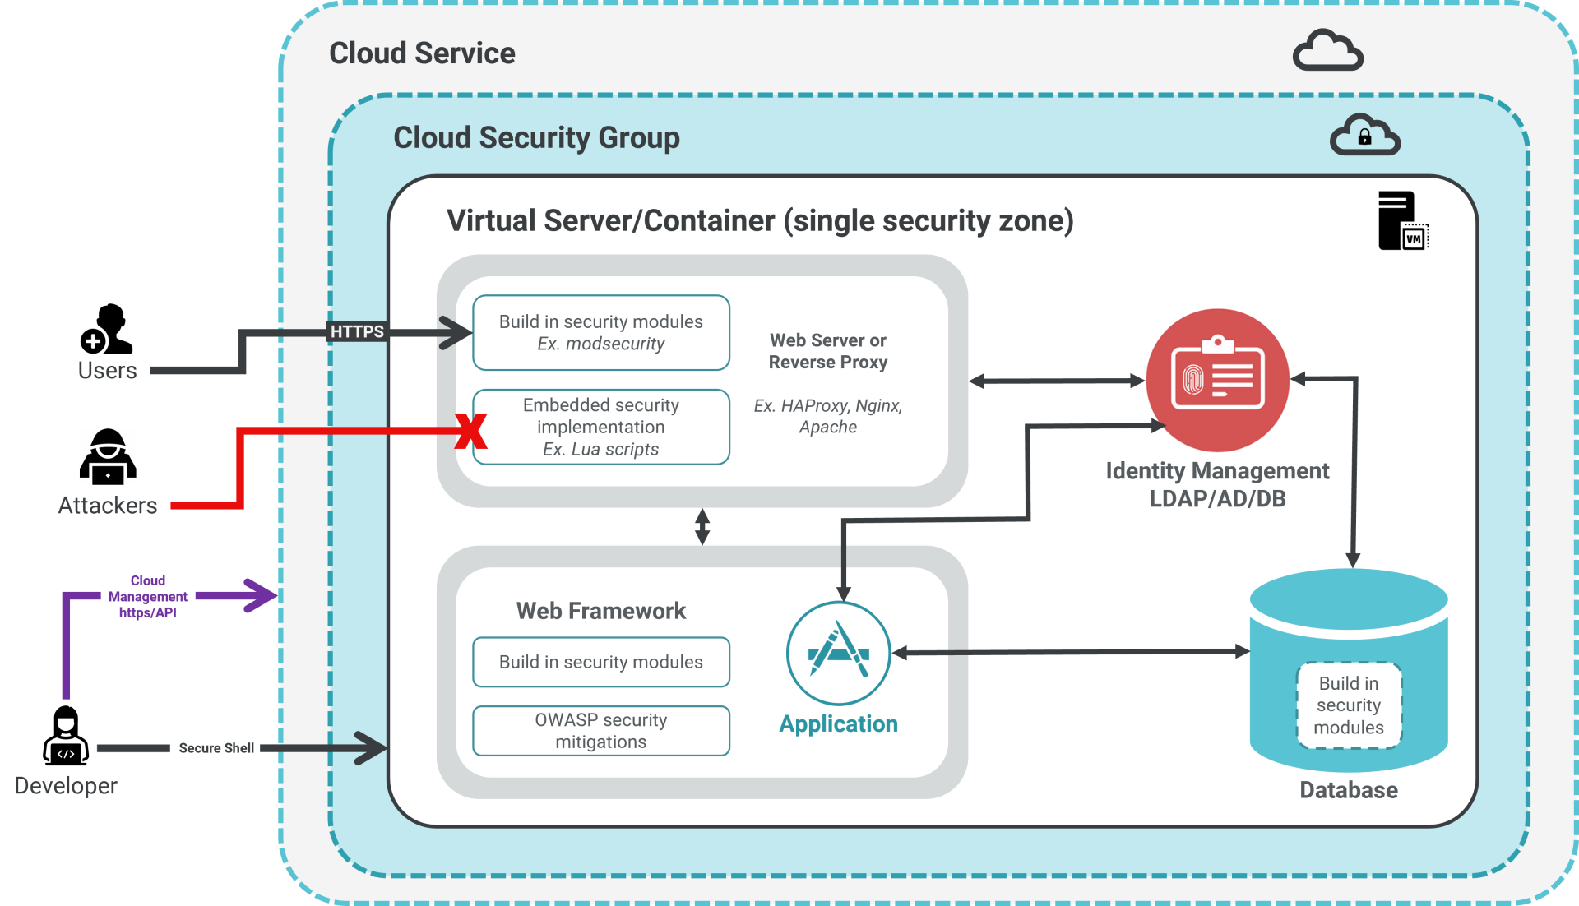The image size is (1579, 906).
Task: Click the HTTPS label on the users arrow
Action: tap(357, 331)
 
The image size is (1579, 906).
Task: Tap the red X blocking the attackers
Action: tap(471, 431)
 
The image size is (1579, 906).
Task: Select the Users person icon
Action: tap(107, 329)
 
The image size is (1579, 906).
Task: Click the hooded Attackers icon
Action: tap(108, 456)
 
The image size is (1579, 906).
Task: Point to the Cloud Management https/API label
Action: tap(148, 597)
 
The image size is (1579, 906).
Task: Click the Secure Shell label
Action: tap(215, 748)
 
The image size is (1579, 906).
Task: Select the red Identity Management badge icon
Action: tap(1217, 380)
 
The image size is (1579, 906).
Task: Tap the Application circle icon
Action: tap(838, 653)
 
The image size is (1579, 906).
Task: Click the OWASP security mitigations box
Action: tap(601, 731)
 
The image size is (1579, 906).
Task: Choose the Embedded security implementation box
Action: tap(601, 428)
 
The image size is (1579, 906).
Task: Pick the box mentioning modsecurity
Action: tap(601, 333)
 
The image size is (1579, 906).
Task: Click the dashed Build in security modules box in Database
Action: tap(1349, 705)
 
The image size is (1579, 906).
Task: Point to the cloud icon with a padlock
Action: tap(1364, 136)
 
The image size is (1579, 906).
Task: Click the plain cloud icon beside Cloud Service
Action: tap(1327, 51)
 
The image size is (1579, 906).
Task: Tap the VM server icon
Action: tap(1401, 220)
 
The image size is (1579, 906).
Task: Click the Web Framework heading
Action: tap(601, 611)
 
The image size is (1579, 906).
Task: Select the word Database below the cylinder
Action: tap(1349, 790)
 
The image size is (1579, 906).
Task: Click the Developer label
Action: tap(67, 786)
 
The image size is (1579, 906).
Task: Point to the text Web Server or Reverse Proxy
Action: tap(828, 351)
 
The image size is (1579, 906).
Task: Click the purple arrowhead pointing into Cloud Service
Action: tap(262, 595)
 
